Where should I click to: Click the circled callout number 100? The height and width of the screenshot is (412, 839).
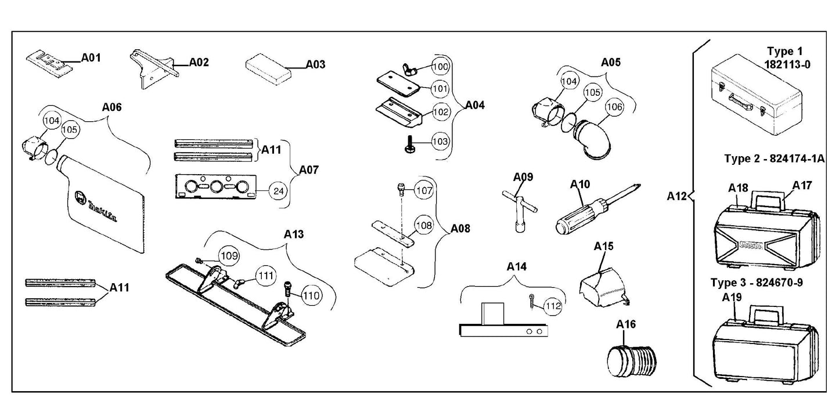(x=441, y=67)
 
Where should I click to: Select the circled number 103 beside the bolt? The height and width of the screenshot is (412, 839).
(x=441, y=141)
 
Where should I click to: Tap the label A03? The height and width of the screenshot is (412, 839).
(x=315, y=64)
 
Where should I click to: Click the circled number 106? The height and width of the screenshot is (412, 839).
(x=614, y=107)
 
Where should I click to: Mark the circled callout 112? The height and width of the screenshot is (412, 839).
(x=552, y=307)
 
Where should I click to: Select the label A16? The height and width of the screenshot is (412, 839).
(x=626, y=324)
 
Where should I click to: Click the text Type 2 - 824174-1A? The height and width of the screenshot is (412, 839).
(x=775, y=158)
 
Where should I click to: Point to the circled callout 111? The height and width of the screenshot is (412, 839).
(x=267, y=276)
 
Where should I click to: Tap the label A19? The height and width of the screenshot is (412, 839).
(x=732, y=298)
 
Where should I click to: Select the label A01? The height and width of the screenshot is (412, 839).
(x=91, y=57)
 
